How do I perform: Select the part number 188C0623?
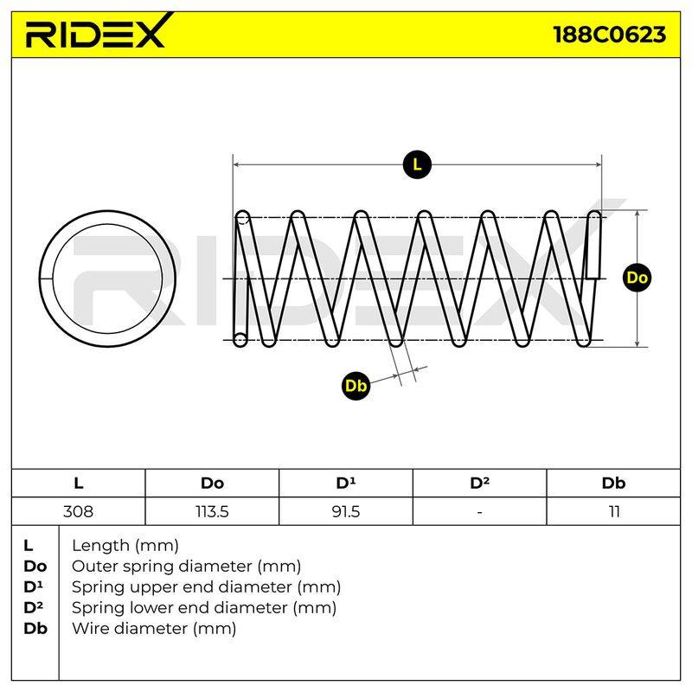pyautogui.click(x=610, y=35)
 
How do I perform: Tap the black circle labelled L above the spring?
pyautogui.click(x=417, y=164)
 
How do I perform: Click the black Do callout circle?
pyautogui.click(x=637, y=278)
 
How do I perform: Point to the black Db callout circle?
pyautogui.click(x=356, y=386)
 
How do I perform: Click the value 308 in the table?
pyautogui.click(x=78, y=511)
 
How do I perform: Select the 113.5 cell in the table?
pyautogui.click(x=212, y=511)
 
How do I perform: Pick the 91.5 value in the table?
pyautogui.click(x=345, y=511)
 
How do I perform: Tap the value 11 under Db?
pyautogui.click(x=614, y=511)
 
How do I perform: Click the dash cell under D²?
pyautogui.click(x=480, y=512)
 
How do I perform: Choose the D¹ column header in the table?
pyautogui.click(x=345, y=483)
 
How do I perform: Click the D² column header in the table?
pyautogui.click(x=480, y=483)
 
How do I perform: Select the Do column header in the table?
pyautogui.click(x=212, y=484)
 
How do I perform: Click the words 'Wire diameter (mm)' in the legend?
pyautogui.click(x=154, y=629)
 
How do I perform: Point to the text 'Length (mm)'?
pyautogui.click(x=125, y=546)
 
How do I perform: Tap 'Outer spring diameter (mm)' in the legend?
pyautogui.click(x=186, y=567)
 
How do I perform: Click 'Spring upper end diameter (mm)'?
pyautogui.click(x=206, y=587)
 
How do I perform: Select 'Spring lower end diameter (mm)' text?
pyautogui.click(x=204, y=608)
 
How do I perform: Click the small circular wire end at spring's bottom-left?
pyautogui.click(x=240, y=339)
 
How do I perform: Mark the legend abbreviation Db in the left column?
pyautogui.click(x=35, y=629)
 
